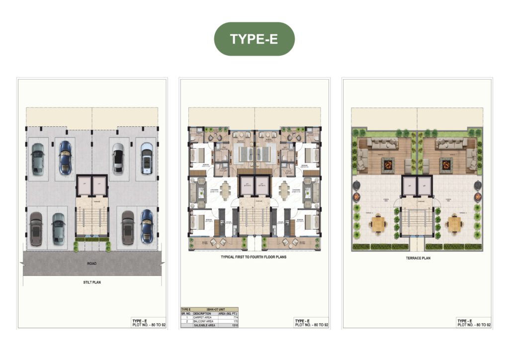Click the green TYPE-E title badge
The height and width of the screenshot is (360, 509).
pyautogui.click(x=254, y=39)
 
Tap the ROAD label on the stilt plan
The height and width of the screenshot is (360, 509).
pyautogui.click(x=92, y=264)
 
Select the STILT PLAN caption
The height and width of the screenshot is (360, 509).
pyautogui.click(x=92, y=282)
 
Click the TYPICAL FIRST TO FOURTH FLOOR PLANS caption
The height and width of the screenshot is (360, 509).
pyautogui.click(x=254, y=258)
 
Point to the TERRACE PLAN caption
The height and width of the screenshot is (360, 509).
pyautogui.click(x=417, y=258)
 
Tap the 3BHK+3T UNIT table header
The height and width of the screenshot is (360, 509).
pyautogui.click(x=209, y=309)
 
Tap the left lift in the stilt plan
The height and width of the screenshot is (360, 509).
pyautogui.click(x=85, y=184)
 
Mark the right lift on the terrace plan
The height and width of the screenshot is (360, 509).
pyautogui.click(x=424, y=185)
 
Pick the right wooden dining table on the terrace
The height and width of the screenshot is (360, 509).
pyautogui.click(x=453, y=224)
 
